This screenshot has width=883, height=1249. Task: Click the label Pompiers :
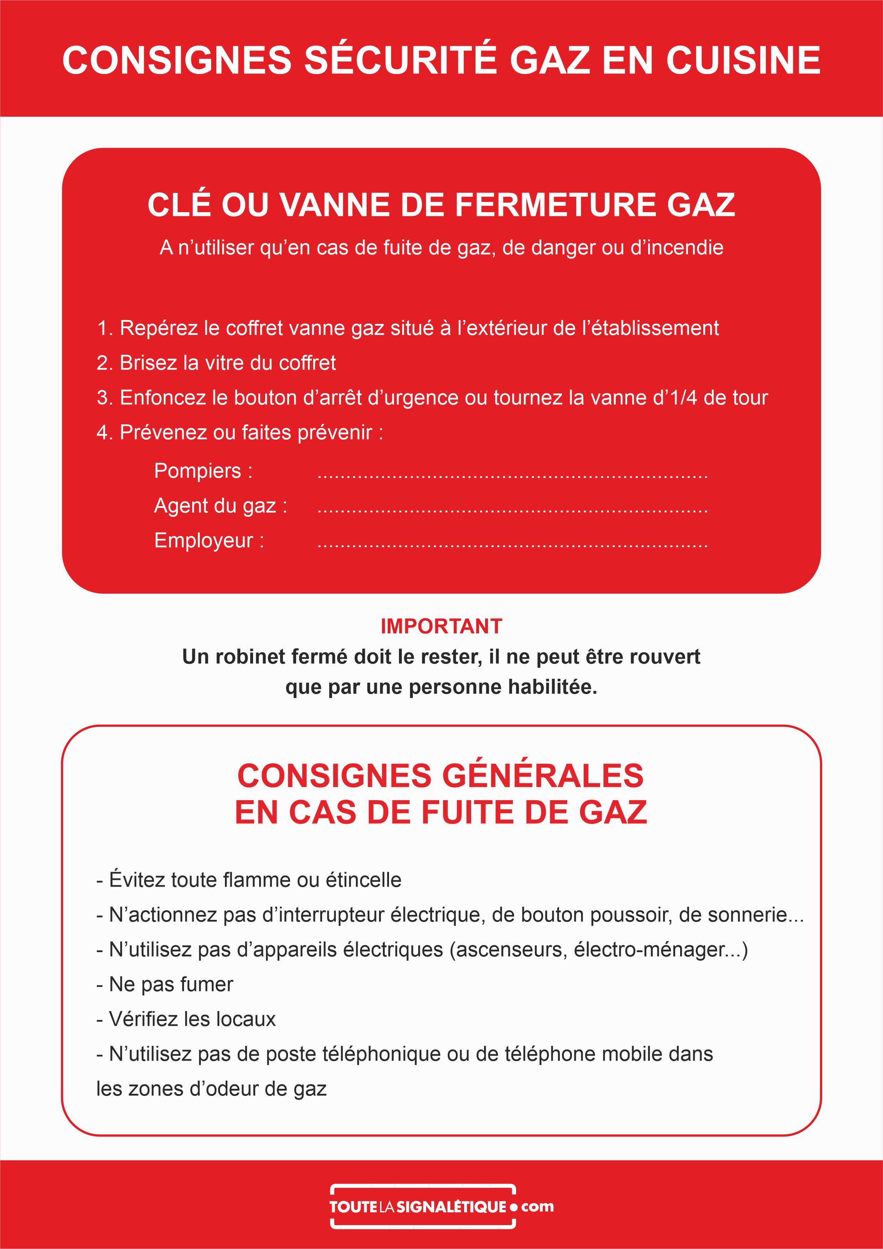[203, 471]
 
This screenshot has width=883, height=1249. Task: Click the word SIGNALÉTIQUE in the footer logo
[452, 1207]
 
